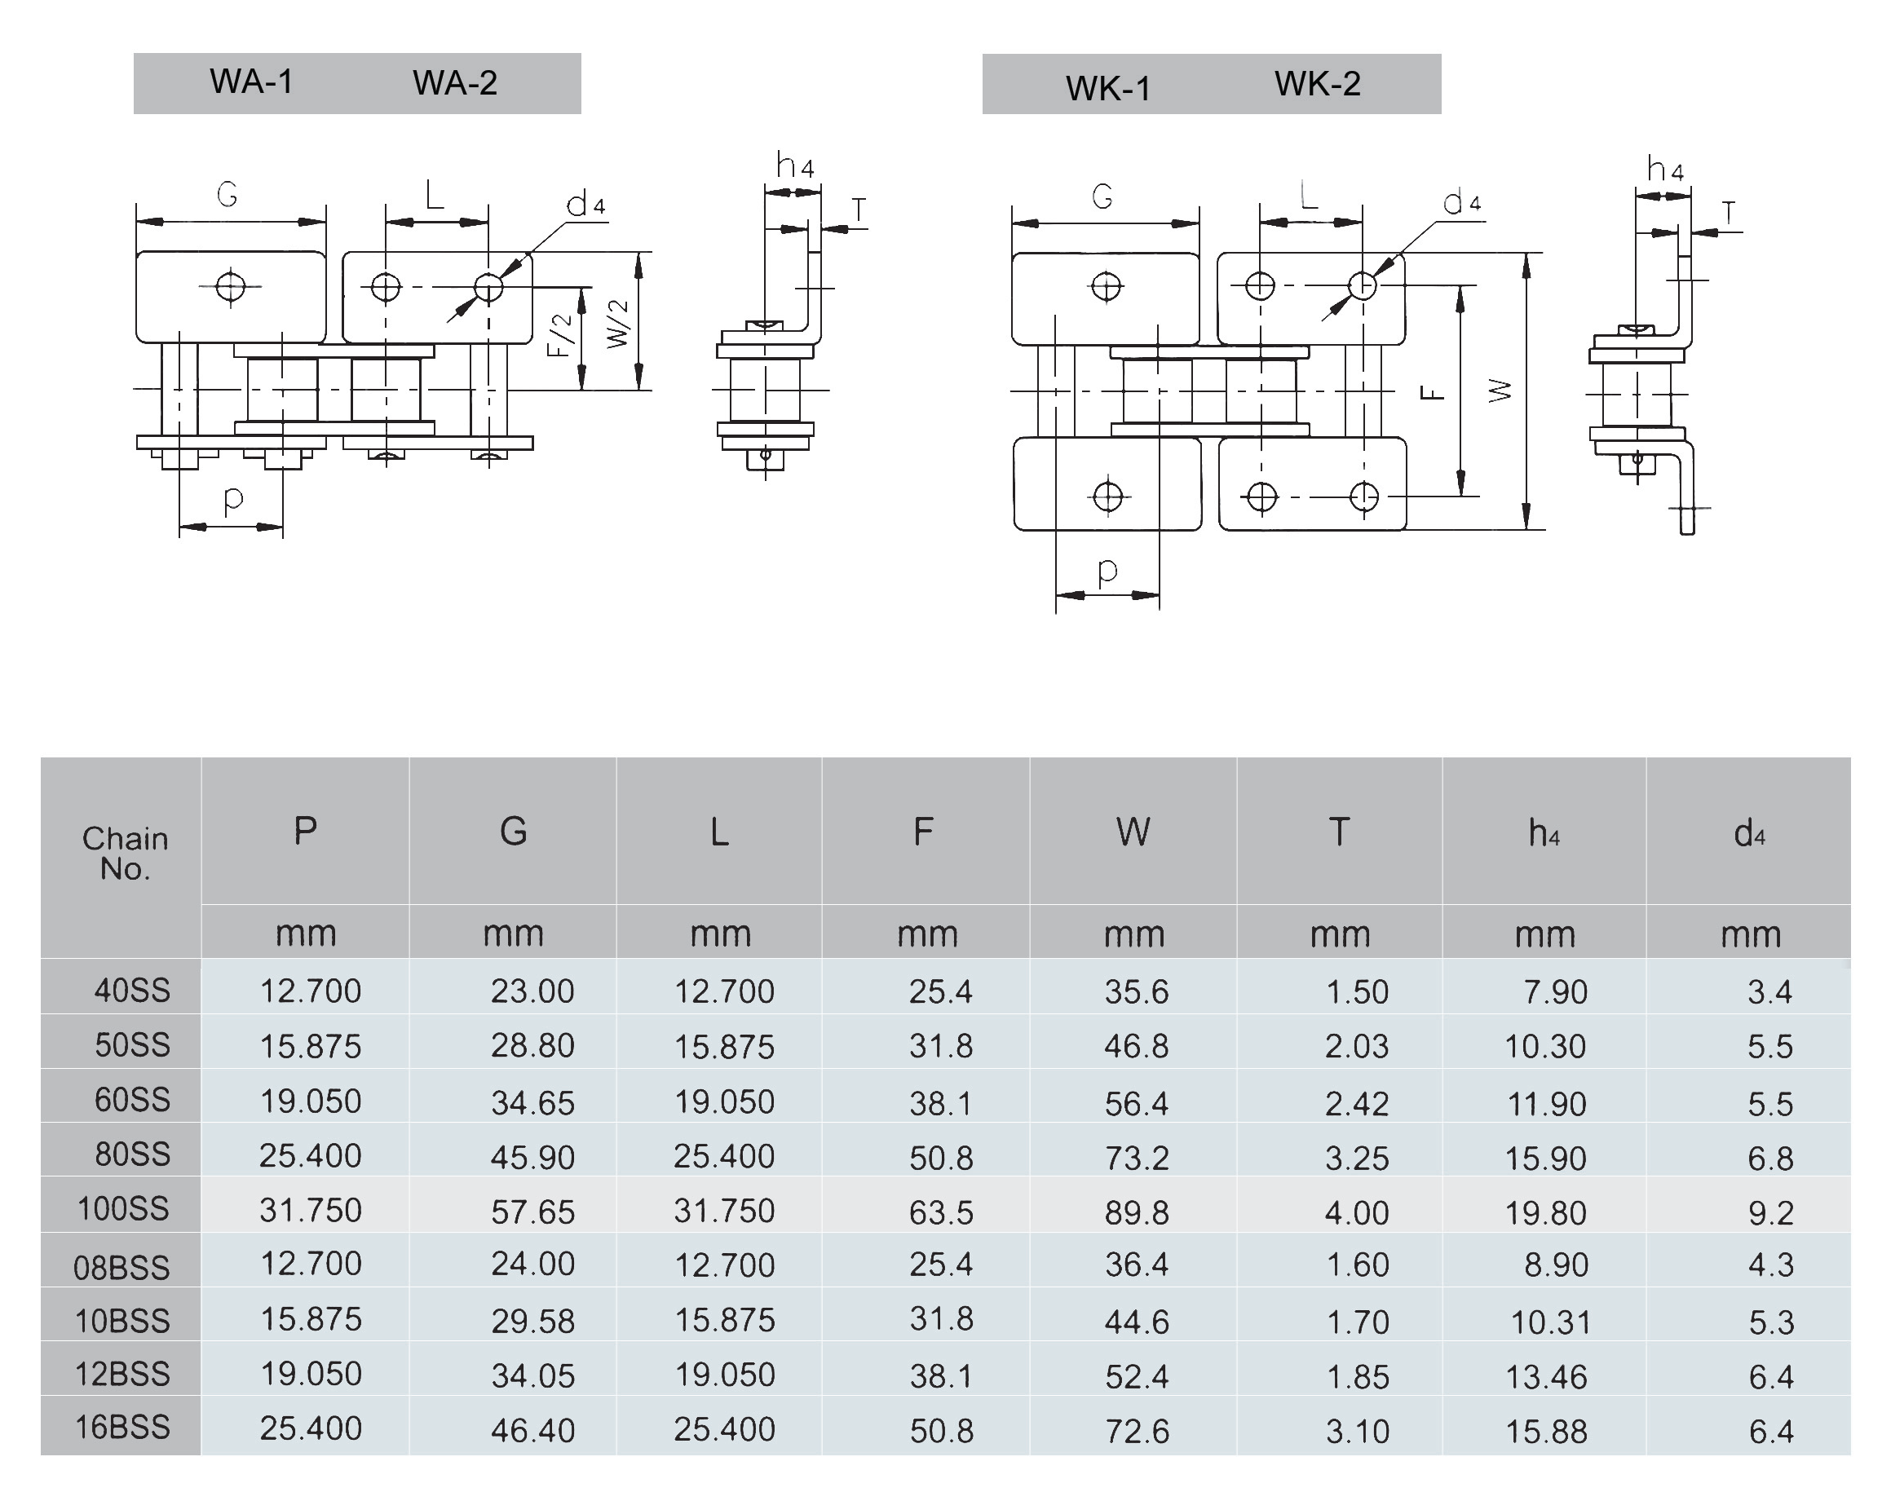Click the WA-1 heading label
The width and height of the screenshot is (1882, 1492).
coord(251,82)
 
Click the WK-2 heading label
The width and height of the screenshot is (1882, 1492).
coord(1317,84)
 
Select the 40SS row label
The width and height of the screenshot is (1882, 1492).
coord(132,990)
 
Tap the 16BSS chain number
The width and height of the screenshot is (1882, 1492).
coord(122,1428)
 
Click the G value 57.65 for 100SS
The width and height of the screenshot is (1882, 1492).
coord(532,1212)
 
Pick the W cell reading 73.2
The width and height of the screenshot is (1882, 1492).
coord(1136,1158)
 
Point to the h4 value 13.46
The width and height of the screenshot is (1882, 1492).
coord(1546,1377)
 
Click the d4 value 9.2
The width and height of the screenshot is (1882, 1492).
coord(1770,1212)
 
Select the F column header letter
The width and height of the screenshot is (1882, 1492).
coord(924,832)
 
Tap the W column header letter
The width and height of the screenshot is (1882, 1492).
coord(1133,832)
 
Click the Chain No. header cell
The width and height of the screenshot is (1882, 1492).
coord(125,854)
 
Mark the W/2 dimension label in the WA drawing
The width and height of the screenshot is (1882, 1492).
coord(618,324)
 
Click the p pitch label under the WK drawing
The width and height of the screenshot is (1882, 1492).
coord(1107,570)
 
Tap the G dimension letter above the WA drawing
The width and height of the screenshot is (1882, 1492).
coord(227,194)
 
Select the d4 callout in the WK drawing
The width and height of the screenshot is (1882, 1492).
coord(1461,202)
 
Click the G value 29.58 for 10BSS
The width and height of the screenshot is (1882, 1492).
coord(532,1322)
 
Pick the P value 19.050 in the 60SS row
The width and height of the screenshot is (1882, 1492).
coord(311,1101)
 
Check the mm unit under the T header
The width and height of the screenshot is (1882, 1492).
coord(1340,934)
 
